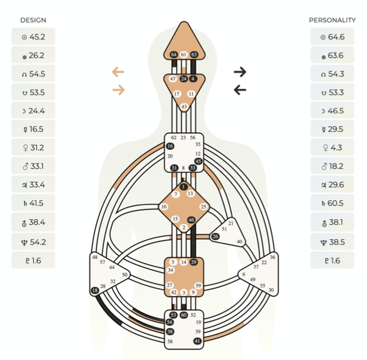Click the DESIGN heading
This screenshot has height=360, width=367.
point(33,20)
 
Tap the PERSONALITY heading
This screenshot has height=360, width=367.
point(332,20)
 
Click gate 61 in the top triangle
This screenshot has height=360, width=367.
point(184,55)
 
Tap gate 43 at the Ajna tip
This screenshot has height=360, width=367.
point(184,106)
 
